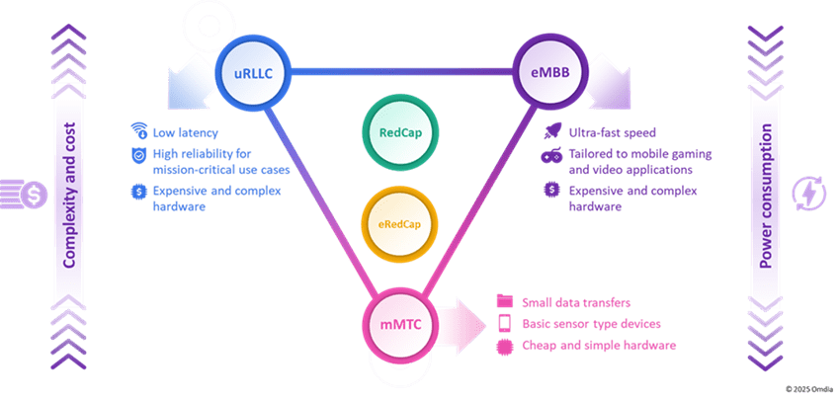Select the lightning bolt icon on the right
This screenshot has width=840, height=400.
coord(807,194)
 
